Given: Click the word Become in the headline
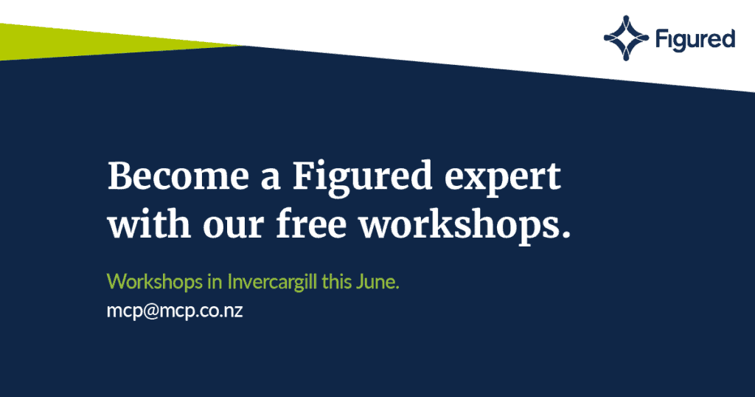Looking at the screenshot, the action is click(178, 176).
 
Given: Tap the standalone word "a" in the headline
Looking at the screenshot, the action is click(271, 179).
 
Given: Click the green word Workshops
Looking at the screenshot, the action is click(155, 281).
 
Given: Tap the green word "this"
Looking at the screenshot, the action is click(336, 281).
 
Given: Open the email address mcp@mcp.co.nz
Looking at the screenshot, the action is click(175, 311).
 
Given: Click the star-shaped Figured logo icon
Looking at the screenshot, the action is click(626, 38).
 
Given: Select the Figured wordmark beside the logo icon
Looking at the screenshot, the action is click(695, 40).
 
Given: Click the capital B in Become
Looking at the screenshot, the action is click(119, 176).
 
